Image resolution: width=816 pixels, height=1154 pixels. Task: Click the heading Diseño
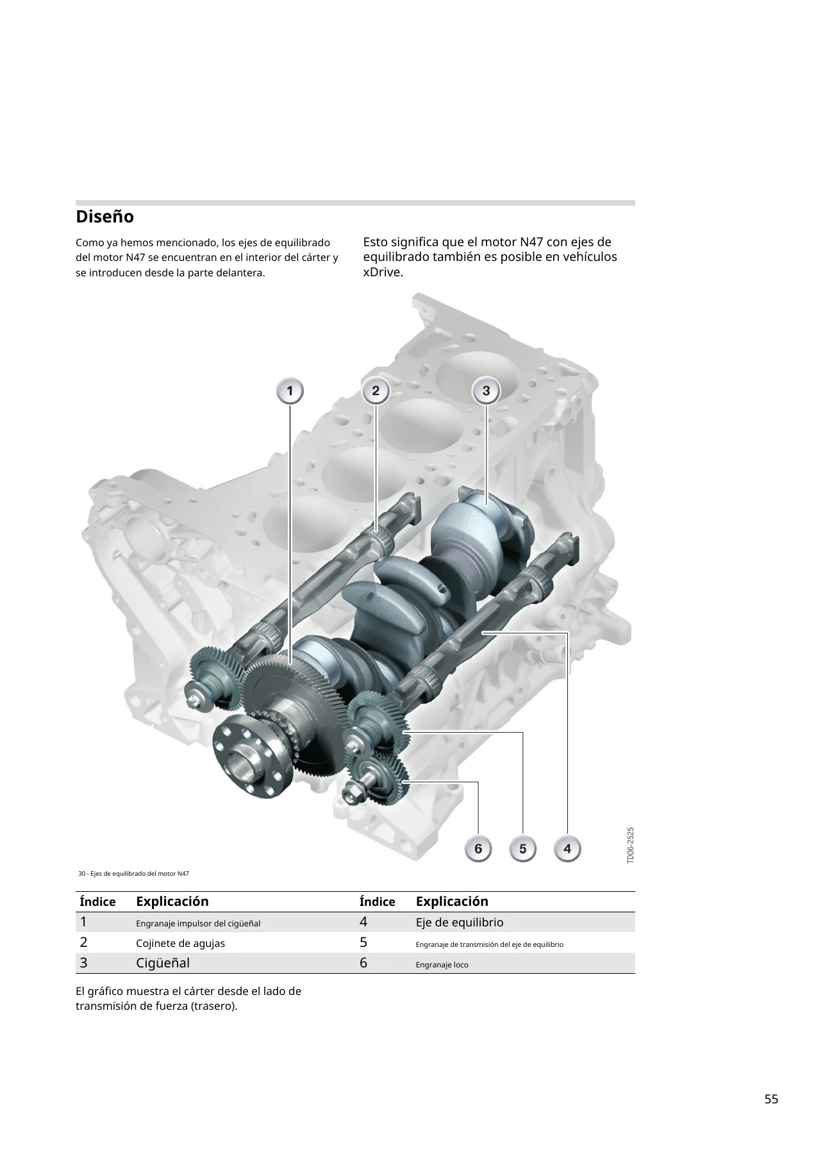[x=104, y=217]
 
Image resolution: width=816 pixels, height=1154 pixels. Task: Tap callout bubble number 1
[x=290, y=390]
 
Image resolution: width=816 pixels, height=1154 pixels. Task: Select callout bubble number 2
[x=376, y=390]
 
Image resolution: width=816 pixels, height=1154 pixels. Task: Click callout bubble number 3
[x=486, y=390]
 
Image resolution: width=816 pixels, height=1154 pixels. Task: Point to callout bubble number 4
[x=567, y=849]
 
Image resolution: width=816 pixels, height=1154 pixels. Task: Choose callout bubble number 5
[x=523, y=849]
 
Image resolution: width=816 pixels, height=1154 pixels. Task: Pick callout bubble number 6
[x=478, y=849]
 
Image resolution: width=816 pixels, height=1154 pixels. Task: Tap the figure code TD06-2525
[x=630, y=845]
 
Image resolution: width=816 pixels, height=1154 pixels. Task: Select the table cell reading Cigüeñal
[x=163, y=963]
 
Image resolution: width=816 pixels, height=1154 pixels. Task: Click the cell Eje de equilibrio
[x=460, y=923]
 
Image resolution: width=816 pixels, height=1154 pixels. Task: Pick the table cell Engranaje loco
[x=442, y=965]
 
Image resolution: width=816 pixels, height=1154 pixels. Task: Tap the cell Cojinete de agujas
[x=180, y=944]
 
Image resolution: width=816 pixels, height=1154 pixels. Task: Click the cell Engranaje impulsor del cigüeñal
[x=198, y=924]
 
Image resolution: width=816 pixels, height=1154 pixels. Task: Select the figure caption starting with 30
[x=133, y=874]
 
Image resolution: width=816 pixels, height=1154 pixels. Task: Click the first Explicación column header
[x=172, y=901]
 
